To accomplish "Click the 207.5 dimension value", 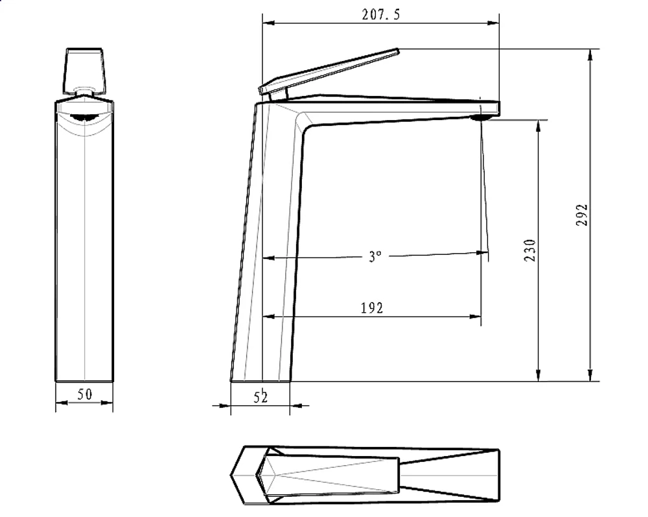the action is pos(380,15).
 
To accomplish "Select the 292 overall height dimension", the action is pos(581,214).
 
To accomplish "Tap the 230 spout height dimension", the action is pos(529,250).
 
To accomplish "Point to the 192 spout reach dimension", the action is pos(372,308).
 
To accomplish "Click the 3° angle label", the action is pos(375,256).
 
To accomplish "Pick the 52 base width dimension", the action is pos(260,397).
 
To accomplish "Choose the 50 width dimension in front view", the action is pos(85,394).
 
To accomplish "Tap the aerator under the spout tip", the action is pos(481,118).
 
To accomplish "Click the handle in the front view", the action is pos(84,70).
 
